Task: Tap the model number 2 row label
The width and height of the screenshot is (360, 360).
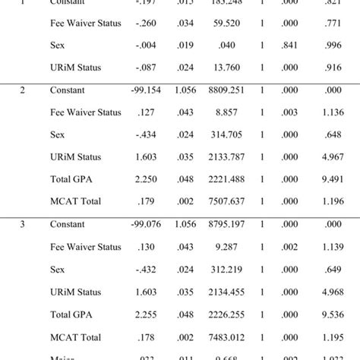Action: [x=23, y=90]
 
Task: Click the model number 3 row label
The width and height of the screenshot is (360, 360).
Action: [x=23, y=225]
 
